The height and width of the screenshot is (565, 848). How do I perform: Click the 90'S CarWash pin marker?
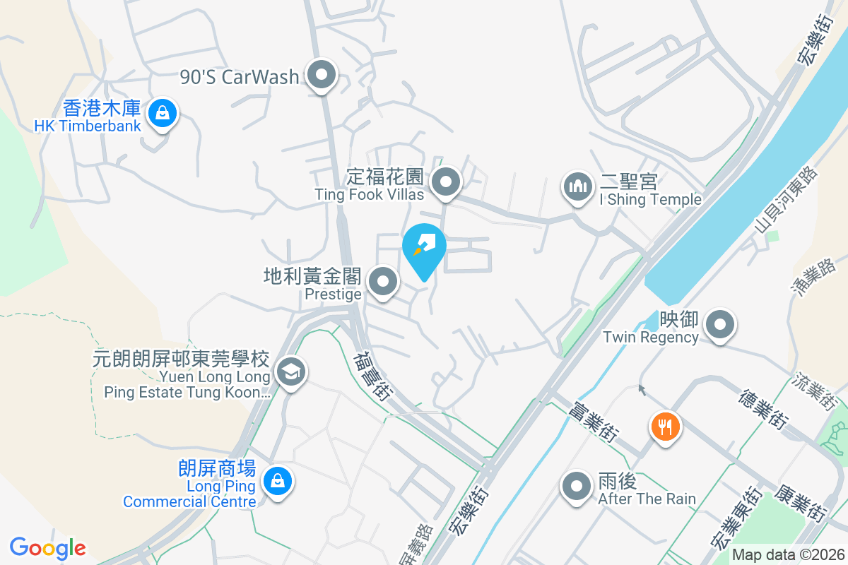(322, 75)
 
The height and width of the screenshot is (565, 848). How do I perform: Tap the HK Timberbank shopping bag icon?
(163, 113)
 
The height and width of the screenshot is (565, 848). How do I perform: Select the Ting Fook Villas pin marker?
(446, 182)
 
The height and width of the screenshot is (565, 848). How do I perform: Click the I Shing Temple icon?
(578, 187)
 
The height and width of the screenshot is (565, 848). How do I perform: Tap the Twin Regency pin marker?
(720, 326)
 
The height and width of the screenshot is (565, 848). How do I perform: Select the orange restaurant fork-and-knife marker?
(664, 427)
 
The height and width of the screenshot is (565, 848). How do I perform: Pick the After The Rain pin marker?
(577, 487)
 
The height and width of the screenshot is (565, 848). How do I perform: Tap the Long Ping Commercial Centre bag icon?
(277, 482)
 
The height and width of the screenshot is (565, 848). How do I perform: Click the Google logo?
(47, 548)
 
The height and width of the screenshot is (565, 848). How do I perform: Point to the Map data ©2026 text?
(787, 554)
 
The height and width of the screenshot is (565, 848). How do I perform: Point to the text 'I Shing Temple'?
(650, 200)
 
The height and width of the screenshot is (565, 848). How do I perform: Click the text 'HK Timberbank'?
(88, 126)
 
